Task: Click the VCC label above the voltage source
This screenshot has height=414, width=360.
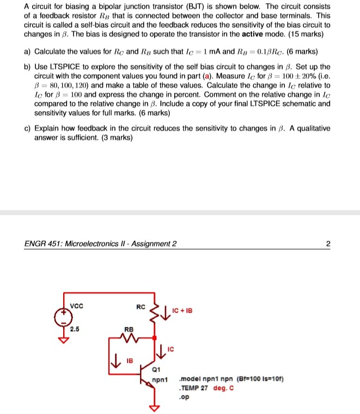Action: click(77, 305)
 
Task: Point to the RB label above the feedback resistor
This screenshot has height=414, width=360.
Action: click(129, 329)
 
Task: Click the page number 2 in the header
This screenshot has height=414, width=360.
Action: click(327, 243)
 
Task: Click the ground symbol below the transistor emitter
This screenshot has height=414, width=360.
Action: click(155, 407)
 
